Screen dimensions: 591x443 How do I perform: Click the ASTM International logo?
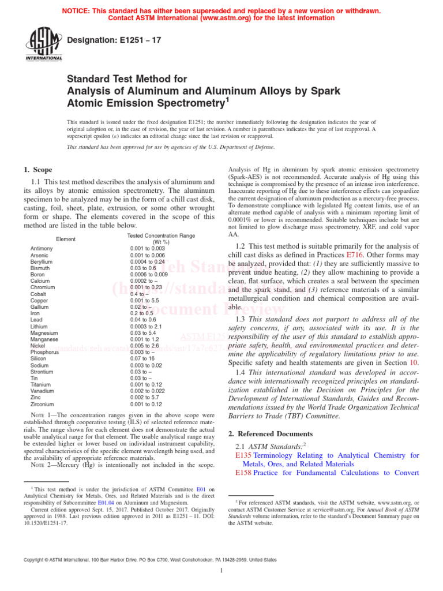coord(43,44)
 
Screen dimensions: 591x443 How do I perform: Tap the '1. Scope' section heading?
coord(38,170)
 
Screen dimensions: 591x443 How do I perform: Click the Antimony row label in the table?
coord(42,248)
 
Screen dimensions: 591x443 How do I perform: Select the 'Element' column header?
coord(66,239)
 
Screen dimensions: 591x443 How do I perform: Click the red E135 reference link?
coord(243,455)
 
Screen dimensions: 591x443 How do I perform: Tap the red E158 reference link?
coord(243,473)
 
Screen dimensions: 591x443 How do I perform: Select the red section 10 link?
coord(413,362)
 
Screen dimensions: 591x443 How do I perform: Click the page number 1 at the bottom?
coord(221,571)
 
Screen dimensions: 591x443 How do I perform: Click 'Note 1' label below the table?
coord(37,415)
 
